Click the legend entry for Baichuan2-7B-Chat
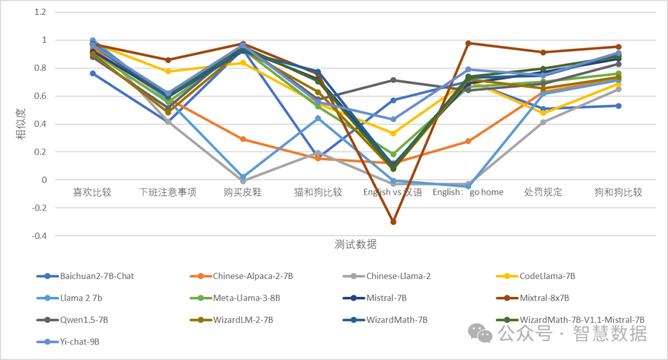[x=96, y=276]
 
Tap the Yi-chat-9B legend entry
[x=80, y=341]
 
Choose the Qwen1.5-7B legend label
[x=84, y=320]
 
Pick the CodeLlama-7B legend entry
[x=547, y=276]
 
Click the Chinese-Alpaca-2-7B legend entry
[x=252, y=276]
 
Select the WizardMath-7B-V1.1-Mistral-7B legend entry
[x=581, y=320]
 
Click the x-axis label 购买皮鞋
[x=242, y=192]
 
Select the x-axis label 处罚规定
[x=543, y=192]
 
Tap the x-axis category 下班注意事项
[x=168, y=192]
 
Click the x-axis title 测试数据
[x=356, y=244]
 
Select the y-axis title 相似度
[x=21, y=124]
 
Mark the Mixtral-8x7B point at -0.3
[x=393, y=221]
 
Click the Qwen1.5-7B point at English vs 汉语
[x=393, y=80]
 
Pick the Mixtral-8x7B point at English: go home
[x=468, y=43]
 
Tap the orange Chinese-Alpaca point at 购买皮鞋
[x=243, y=139]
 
